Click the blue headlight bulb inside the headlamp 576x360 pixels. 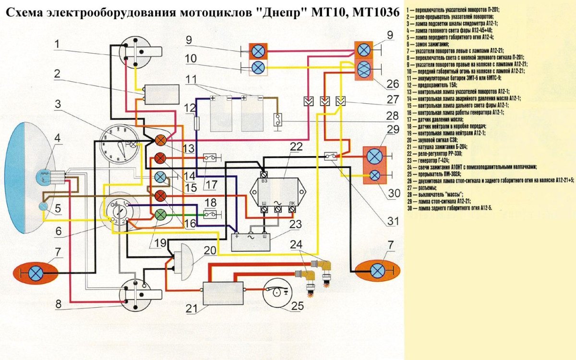pos(45,176)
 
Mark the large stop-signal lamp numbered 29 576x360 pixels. pos(375,157)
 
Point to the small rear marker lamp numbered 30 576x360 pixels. pos(375,176)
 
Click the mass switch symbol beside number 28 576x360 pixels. pos(277,120)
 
